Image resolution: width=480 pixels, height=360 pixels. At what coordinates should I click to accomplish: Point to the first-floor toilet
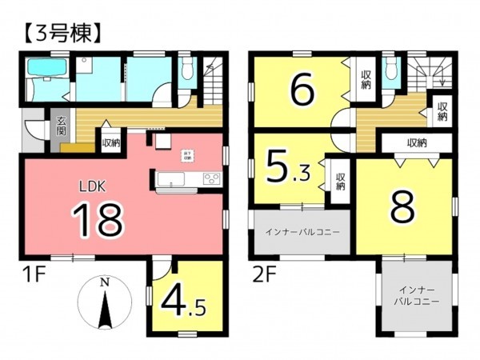tap(186, 72)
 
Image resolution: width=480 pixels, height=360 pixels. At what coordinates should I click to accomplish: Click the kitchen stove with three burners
tap(211, 178)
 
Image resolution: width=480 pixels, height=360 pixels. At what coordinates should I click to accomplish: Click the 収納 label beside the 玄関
tap(110, 144)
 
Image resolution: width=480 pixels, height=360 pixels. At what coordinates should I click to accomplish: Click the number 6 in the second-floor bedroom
tap(300, 90)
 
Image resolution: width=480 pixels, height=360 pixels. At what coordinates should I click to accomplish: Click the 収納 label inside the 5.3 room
tap(340, 182)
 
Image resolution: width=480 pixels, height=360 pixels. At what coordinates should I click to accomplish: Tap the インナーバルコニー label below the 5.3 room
tap(302, 232)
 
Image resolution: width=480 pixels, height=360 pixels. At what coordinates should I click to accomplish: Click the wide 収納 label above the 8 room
tap(416, 143)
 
